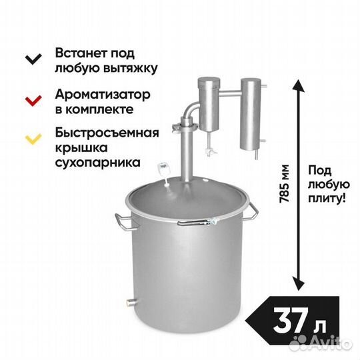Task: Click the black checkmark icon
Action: pyautogui.click(x=33, y=59)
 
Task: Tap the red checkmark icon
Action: pyautogui.click(x=33, y=101)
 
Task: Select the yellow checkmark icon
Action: pyautogui.click(x=33, y=139)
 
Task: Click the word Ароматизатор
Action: pyautogui.click(x=103, y=95)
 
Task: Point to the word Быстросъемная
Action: pyautogui.click(x=107, y=133)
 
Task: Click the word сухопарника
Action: pyautogui.click(x=98, y=163)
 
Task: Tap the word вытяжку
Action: pyautogui.click(x=130, y=68)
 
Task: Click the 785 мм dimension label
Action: pyautogui.click(x=284, y=184)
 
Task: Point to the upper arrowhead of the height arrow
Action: pyautogui.click(x=299, y=86)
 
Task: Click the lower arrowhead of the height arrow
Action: pyautogui.click(x=299, y=283)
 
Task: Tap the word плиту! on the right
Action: pyautogui.click(x=327, y=198)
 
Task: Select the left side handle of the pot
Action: pyautogui.click(x=123, y=222)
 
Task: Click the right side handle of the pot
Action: pyautogui.click(x=251, y=211)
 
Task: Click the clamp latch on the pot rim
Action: pyautogui.click(x=197, y=222)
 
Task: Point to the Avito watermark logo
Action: pyautogui.click(x=321, y=343)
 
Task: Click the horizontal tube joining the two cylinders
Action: pyautogui.click(x=230, y=93)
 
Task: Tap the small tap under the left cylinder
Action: pyautogui.click(x=210, y=145)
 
